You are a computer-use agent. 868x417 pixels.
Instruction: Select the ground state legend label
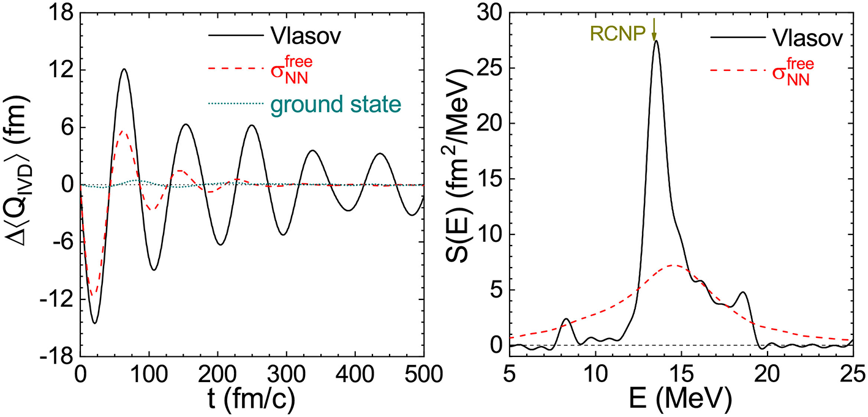click(335, 105)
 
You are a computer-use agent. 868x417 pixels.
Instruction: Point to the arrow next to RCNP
click(654, 28)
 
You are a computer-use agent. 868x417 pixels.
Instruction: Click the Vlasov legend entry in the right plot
click(812, 36)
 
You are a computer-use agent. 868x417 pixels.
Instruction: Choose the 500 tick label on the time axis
click(423, 373)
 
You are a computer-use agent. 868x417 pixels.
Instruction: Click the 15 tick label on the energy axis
click(681, 373)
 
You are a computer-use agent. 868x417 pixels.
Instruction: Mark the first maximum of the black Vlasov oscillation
click(124, 69)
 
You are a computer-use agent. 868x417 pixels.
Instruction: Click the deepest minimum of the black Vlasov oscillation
click(94, 323)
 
